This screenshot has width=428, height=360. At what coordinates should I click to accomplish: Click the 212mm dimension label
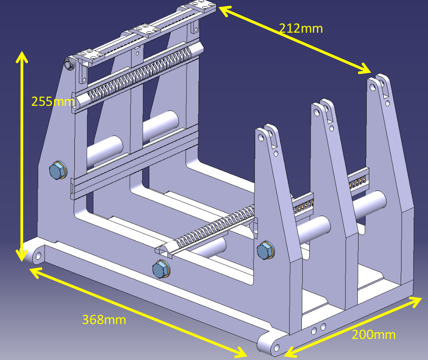point(301,28)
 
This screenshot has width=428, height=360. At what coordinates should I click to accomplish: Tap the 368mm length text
point(104,319)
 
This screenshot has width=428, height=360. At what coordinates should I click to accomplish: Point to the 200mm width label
point(373,334)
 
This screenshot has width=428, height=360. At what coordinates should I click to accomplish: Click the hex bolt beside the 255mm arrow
point(57,170)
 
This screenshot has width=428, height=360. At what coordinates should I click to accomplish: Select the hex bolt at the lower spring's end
point(160,269)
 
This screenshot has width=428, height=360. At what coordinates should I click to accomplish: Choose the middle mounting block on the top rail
point(143,30)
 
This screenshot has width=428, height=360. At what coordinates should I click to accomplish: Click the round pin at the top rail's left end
point(68,64)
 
